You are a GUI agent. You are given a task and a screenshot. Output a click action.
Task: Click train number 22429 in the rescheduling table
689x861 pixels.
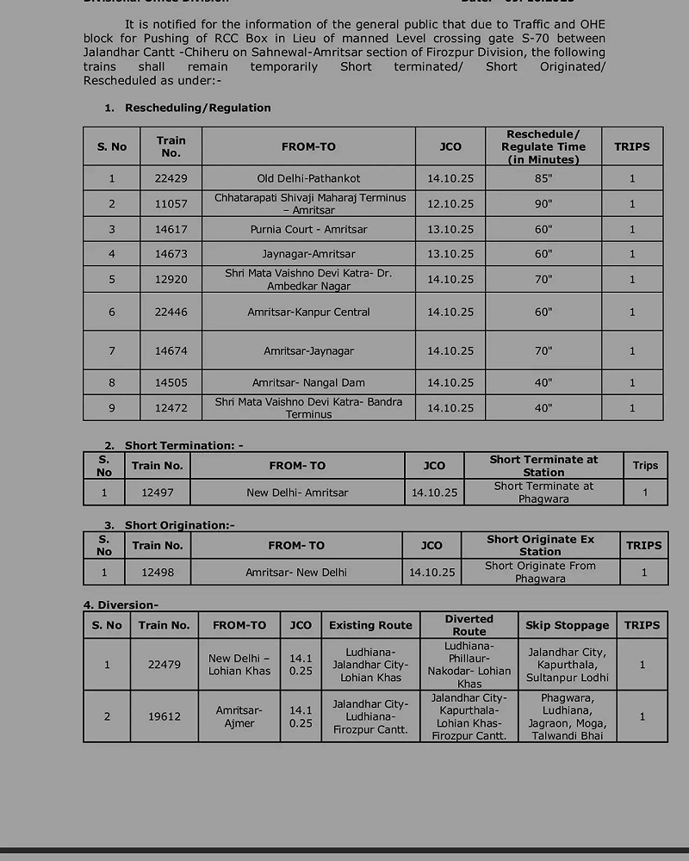171,178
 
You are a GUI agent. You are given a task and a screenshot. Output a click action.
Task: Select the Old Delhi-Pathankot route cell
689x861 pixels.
308,178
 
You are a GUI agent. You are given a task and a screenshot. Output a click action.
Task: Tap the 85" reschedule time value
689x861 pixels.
543,178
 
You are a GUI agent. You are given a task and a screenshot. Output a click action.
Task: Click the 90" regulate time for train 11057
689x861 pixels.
543,204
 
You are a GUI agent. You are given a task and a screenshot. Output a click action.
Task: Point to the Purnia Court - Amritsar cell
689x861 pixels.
308,230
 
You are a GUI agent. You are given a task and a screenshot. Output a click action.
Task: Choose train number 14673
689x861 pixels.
171,254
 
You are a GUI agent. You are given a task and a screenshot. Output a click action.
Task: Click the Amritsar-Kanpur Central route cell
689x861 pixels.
308,312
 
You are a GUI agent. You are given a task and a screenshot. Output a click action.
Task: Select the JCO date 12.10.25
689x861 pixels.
450,204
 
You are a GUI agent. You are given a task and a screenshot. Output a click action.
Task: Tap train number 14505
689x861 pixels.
171,382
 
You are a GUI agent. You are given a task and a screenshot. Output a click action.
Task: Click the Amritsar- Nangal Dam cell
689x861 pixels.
308,382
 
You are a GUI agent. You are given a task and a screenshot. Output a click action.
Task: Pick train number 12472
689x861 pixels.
171,407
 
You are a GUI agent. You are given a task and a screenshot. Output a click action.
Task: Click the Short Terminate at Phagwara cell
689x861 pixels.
543,492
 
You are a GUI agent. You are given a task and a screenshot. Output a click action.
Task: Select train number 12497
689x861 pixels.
158,492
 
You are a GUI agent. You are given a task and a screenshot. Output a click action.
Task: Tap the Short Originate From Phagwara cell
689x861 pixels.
540,572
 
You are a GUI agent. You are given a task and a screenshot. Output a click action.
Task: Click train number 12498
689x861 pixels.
158,572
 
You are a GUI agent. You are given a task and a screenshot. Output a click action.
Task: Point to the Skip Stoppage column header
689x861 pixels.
567,625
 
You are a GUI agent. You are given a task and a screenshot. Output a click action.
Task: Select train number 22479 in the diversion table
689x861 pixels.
164,665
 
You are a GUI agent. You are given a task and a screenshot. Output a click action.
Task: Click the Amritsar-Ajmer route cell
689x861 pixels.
239,716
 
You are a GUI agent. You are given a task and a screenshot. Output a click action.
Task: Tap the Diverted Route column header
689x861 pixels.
469,625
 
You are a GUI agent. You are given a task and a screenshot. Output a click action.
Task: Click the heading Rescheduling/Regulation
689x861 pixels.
197,108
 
